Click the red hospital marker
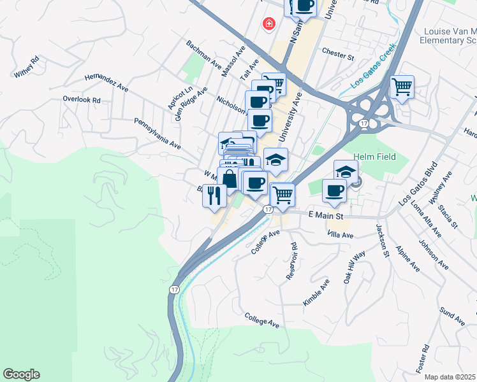[269, 24]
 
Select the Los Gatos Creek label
[374, 66]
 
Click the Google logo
[21, 374]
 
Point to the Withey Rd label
[27, 67]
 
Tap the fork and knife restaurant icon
[214, 195]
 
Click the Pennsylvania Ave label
[158, 134]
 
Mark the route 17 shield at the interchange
[363, 124]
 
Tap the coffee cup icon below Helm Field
[334, 190]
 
